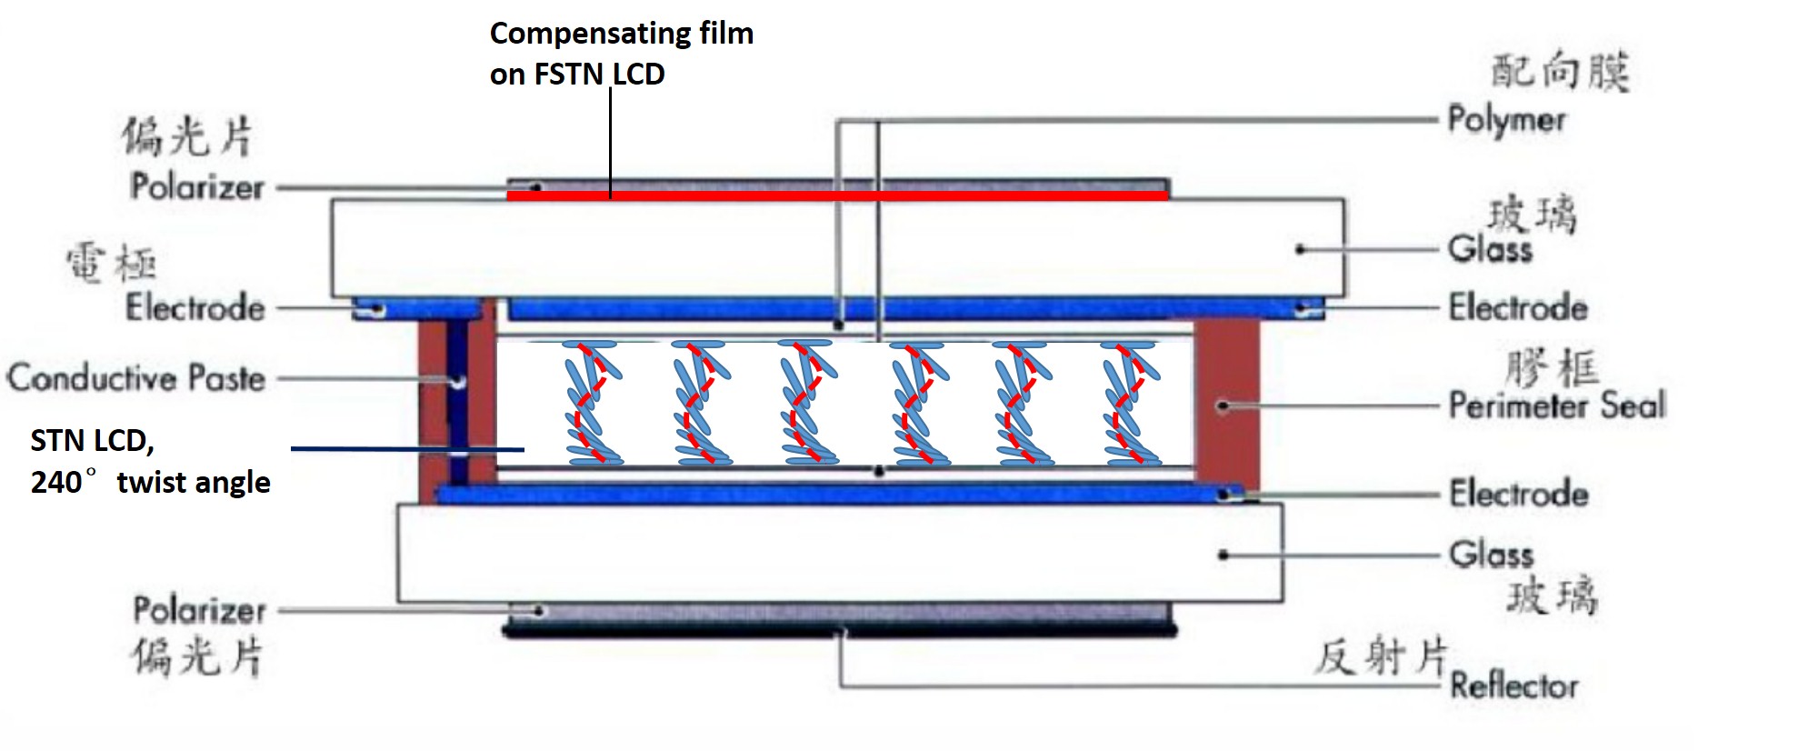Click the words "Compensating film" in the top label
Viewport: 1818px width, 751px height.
click(622, 34)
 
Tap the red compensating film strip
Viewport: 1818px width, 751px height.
click(836, 195)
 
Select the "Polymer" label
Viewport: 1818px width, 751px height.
click(1506, 120)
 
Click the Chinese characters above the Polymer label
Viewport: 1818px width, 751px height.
click(1560, 71)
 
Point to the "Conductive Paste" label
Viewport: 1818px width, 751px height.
click(136, 377)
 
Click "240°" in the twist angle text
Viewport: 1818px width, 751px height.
click(64, 482)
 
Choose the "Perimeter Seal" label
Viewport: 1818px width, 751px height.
click(1556, 406)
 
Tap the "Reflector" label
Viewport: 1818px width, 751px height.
click(1513, 686)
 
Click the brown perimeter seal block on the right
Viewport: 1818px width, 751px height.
click(1227, 405)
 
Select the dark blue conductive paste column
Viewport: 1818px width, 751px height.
click(457, 400)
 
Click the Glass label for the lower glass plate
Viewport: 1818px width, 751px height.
click(1491, 554)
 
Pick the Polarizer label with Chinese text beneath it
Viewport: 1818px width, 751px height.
click(199, 610)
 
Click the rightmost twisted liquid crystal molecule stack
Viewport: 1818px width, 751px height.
click(1130, 403)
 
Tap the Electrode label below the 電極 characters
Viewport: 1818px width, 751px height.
click(195, 307)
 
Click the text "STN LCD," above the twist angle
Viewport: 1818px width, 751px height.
click(92, 441)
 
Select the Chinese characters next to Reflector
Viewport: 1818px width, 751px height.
click(1380, 656)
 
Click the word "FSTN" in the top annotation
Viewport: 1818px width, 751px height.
click(570, 75)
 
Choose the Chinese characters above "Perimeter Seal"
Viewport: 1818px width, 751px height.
click(1552, 368)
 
